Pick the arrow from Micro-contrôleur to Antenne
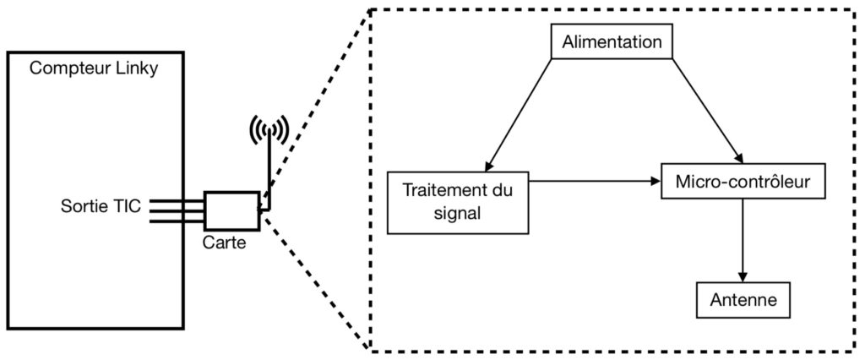(743, 240)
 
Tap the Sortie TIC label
(101, 206)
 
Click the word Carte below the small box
(226, 241)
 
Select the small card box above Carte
(231, 210)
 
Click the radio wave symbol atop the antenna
(268, 129)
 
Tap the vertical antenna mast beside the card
(268, 173)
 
